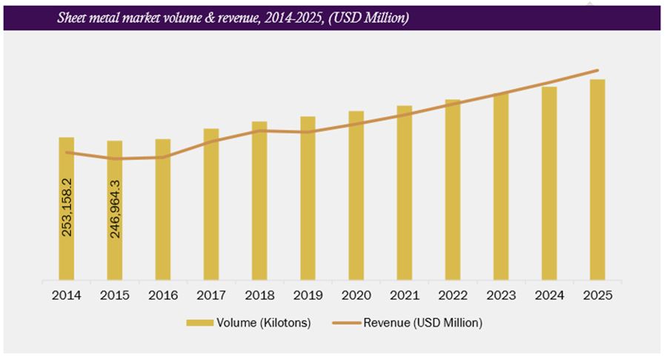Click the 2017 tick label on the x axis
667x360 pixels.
pos(211,296)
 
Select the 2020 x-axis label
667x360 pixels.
pos(356,296)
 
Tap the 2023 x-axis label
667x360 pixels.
pos(501,296)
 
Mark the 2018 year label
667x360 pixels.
pos(259,296)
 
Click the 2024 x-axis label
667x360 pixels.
pos(549,296)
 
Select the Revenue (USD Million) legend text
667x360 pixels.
pos(423,323)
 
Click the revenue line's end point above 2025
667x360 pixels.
pos(597,70)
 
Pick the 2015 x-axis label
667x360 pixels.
pos(115,296)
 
